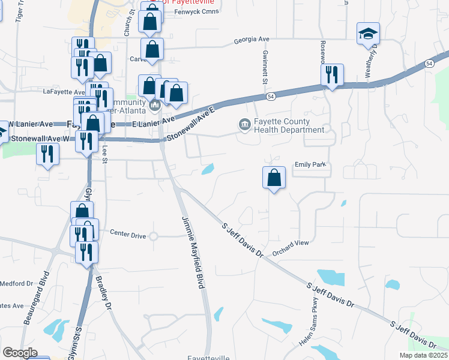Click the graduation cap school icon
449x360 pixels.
point(369,34)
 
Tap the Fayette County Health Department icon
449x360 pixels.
point(245,125)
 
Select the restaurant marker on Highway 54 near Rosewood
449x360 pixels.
point(332,76)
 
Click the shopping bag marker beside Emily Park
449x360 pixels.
point(274,178)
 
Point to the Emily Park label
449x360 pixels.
point(309,165)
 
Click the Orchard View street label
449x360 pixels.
point(290,243)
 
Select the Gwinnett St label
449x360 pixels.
point(265,65)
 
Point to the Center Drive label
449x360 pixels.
point(128,236)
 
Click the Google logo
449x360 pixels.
point(20,352)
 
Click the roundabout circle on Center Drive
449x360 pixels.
point(153,236)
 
